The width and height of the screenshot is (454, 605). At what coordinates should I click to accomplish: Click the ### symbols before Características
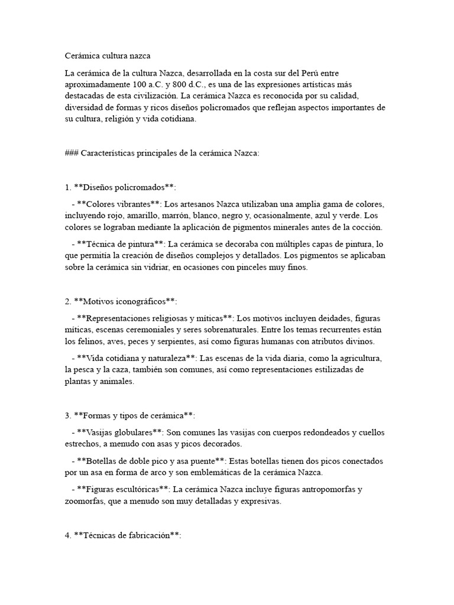click(x=72, y=153)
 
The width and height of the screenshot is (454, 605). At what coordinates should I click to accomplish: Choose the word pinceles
click(x=255, y=267)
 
